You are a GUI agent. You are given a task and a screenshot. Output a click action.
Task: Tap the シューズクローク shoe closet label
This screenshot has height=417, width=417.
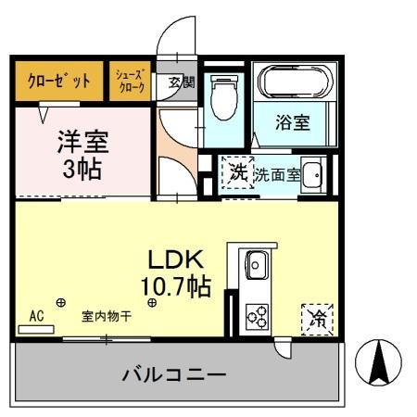pyautogui.click(x=130, y=81)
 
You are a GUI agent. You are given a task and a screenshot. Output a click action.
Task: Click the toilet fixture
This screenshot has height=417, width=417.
pyautogui.click(x=223, y=96)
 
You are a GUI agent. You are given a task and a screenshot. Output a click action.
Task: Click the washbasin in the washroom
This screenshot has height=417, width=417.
pyautogui.click(x=313, y=173)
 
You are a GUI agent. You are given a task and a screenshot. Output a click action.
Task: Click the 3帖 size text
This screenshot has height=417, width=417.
pyautogui.click(x=83, y=170)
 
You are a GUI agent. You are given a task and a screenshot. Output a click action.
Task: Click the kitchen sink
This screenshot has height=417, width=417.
pyautogui.click(x=256, y=269)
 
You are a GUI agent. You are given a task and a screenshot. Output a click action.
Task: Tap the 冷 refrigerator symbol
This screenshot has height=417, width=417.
pyautogui.click(x=317, y=319)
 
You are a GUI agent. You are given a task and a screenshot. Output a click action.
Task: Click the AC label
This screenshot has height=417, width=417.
pyautogui.click(x=37, y=315)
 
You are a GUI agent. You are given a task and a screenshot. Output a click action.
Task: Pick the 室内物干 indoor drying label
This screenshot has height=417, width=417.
pyautogui.click(x=105, y=316)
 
